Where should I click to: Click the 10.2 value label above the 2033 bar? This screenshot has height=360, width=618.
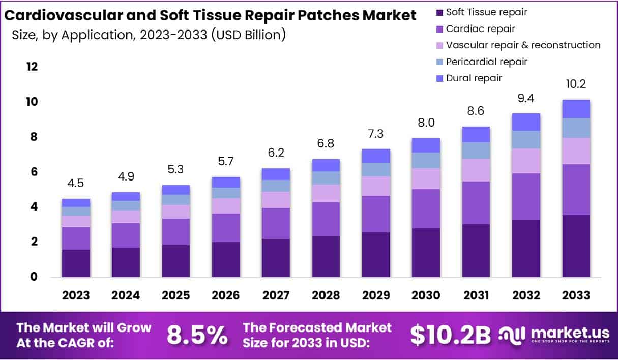click(576, 84)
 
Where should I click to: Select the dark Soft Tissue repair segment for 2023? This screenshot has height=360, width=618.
click(76, 263)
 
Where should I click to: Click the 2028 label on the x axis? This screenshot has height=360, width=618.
click(326, 295)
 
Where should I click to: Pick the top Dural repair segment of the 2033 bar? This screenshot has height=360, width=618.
click(576, 109)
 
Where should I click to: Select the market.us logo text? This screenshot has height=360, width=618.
click(570, 333)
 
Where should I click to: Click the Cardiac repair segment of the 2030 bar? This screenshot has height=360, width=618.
click(425, 208)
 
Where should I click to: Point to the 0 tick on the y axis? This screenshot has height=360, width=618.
click(34, 277)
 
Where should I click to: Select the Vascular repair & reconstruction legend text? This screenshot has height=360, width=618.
click(523, 45)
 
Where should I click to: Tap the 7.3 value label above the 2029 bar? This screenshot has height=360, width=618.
click(376, 134)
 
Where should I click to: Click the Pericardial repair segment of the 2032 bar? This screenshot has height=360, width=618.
click(525, 139)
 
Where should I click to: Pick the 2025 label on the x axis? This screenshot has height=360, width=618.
click(175, 295)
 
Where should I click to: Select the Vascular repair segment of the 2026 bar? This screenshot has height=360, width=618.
click(226, 205)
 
